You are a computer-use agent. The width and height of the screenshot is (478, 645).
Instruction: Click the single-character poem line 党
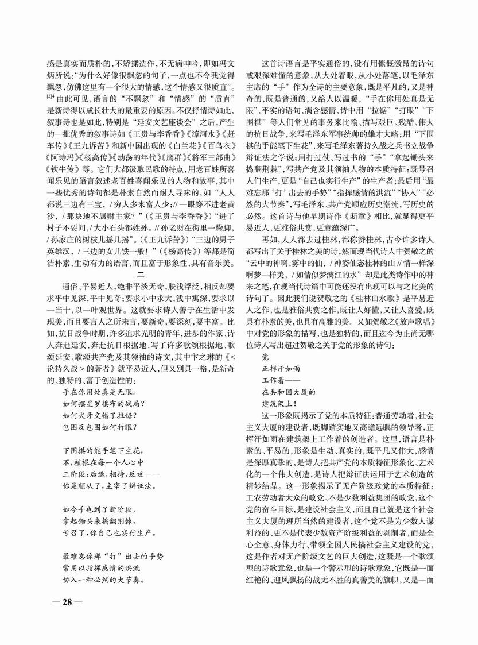(x=265, y=356)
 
